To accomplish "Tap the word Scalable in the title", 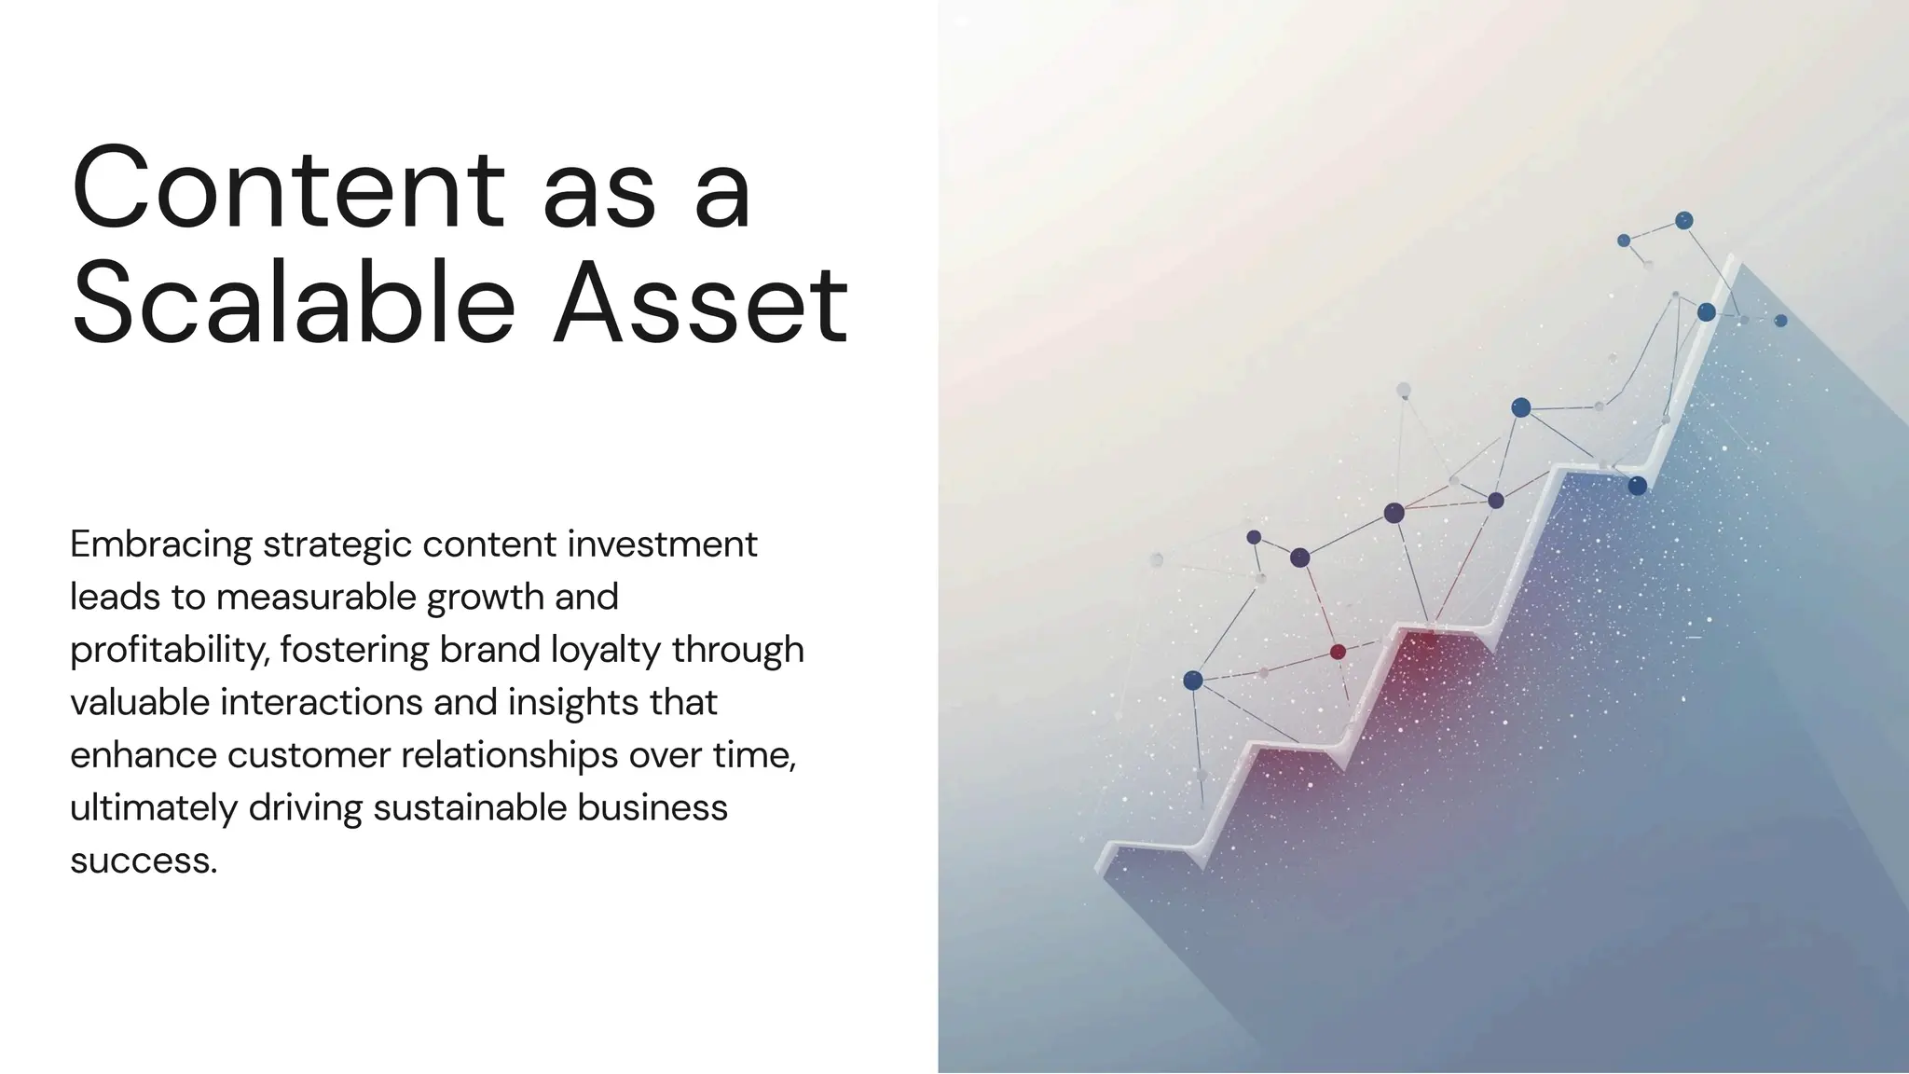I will click(x=294, y=303).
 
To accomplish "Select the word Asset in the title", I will click(x=700, y=303).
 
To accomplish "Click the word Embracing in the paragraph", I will click(x=161, y=544).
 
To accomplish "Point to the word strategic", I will click(x=336, y=544).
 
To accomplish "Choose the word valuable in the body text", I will click(x=140, y=702).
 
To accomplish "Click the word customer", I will click(x=309, y=755).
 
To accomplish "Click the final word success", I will click(x=143, y=861).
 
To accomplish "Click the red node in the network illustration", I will click(x=1338, y=652).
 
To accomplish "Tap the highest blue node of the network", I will click(x=1683, y=221).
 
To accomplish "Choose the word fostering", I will click(x=354, y=650).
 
